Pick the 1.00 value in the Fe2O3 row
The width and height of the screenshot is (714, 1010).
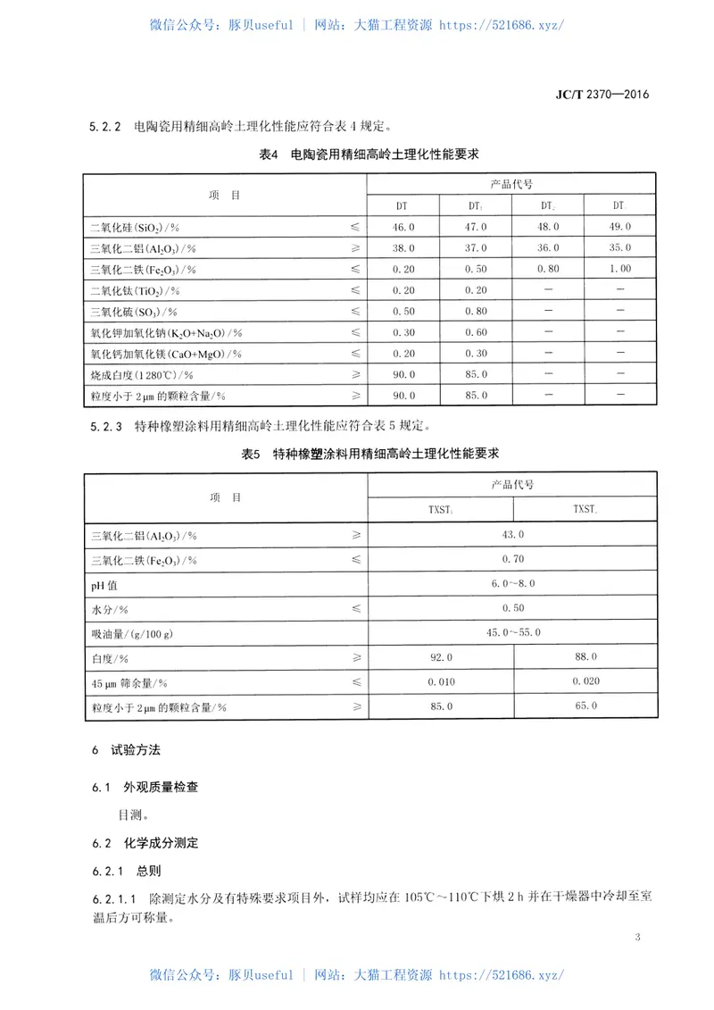[x=620, y=269]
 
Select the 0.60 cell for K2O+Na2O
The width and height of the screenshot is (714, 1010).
[x=477, y=332]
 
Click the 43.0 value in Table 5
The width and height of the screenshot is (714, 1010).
[x=513, y=534]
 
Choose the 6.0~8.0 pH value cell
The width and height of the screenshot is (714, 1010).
[x=513, y=583]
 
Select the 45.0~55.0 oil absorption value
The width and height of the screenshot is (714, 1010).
[x=513, y=632]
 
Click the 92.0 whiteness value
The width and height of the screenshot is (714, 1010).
[x=440, y=657]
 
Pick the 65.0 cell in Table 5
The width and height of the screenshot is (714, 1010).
[x=585, y=706]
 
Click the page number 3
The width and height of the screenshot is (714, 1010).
[x=637, y=937]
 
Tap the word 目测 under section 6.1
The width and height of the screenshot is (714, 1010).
[x=132, y=814]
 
